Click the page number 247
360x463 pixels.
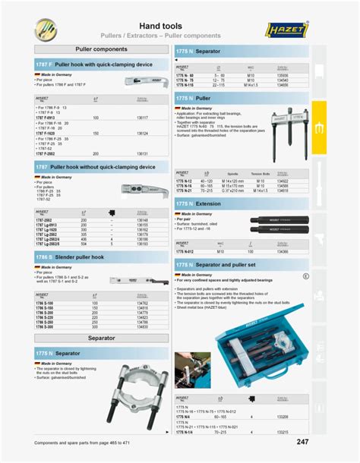click(x=302, y=442)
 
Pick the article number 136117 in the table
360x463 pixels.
click(x=142, y=118)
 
